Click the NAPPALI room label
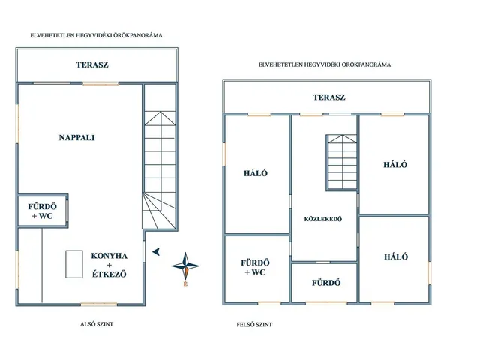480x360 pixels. point(76,138)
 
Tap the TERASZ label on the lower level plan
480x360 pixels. point(92,64)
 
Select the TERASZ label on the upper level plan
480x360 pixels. point(329,97)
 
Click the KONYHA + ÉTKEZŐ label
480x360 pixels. point(109,265)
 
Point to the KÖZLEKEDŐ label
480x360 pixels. point(323,219)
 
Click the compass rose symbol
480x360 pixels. point(185,265)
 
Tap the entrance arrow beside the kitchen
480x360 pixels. point(156,252)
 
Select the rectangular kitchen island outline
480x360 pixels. point(74,264)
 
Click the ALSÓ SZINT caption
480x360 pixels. point(97,324)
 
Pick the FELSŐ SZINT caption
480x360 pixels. point(254,325)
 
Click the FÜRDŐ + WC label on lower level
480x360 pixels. point(42,211)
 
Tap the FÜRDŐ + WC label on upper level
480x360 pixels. point(255,267)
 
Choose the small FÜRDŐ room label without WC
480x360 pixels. point(326,283)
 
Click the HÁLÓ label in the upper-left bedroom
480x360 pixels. point(256,173)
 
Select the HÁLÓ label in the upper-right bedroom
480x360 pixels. point(395,165)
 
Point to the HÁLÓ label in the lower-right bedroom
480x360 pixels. point(396,256)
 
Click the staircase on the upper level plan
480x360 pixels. point(342,162)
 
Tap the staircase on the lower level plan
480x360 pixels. point(160,170)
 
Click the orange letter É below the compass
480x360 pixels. point(185,284)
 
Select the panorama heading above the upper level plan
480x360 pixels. point(325,64)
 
